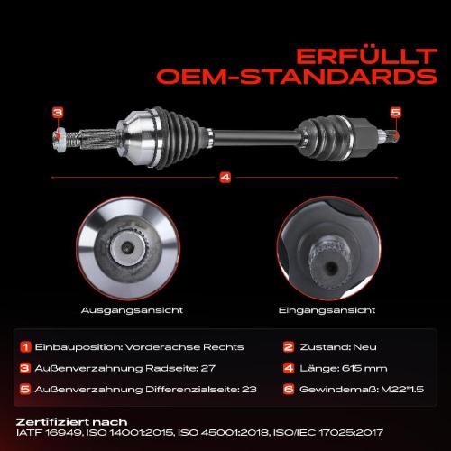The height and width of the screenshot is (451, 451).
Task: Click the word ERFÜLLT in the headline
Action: point(366,56)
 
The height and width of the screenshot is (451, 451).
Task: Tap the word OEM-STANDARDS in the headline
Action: point(297,77)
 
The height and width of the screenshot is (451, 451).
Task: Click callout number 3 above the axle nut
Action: point(58,113)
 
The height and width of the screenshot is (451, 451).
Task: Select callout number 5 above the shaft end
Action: point(396,113)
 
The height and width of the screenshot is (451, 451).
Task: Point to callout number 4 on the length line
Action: point(225,178)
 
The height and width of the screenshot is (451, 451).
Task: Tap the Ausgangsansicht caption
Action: point(132,310)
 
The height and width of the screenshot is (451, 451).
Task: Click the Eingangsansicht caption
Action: point(327,310)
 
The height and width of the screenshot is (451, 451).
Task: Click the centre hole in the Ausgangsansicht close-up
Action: point(127,247)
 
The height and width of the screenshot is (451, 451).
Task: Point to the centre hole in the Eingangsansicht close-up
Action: point(331,266)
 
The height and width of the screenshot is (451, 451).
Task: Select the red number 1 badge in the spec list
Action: point(25,347)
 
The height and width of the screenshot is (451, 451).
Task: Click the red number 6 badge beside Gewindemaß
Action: point(289,390)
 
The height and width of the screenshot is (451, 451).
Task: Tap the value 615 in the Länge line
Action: point(352,368)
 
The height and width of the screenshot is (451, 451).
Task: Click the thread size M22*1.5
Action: point(402,390)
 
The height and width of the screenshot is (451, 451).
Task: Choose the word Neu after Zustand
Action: point(364,347)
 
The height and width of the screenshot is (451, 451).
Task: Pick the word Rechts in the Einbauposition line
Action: point(224,347)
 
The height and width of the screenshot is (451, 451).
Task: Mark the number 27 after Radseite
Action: point(208,368)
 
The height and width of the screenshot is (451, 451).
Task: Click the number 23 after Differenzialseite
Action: point(249,390)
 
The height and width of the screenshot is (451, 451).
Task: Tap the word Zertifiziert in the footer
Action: point(51,422)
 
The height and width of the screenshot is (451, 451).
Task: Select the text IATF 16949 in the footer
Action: point(49,433)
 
